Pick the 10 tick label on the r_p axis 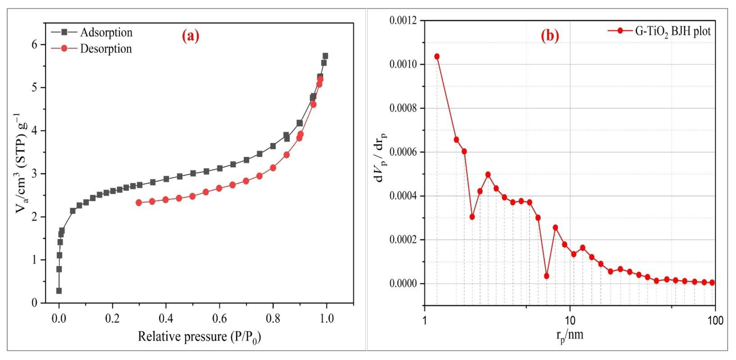click(570, 321)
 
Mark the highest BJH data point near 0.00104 click(437, 57)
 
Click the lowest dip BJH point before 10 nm click(547, 276)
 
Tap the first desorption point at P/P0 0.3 click(139, 203)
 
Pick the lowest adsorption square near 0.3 click(59, 291)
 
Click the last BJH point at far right click(712, 283)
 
